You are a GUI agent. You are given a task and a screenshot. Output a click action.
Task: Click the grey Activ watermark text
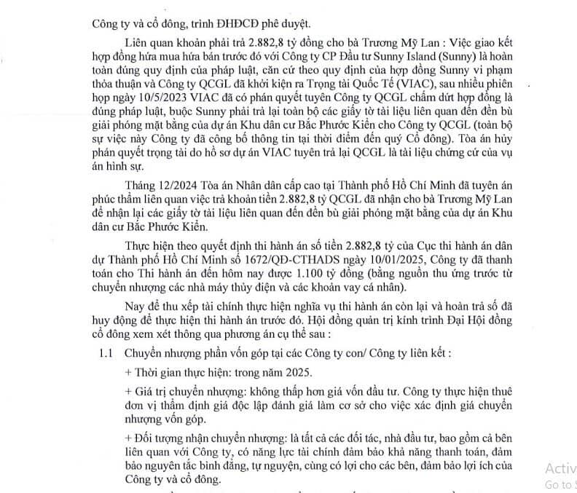point(559,468)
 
